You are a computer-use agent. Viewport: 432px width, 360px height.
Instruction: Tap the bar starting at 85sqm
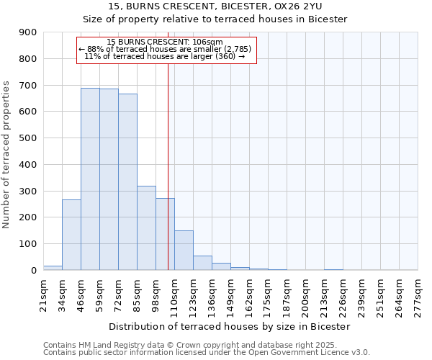(x=146, y=228)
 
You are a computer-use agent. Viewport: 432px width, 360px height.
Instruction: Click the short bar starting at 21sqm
(x=53, y=268)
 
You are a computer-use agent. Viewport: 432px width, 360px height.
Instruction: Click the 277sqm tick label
(x=418, y=294)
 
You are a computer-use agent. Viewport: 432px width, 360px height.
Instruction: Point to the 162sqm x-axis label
(x=250, y=294)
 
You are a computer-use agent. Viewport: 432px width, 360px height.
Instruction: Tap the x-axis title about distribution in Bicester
(x=230, y=326)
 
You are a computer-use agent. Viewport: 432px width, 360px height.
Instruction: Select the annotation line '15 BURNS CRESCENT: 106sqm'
(x=165, y=42)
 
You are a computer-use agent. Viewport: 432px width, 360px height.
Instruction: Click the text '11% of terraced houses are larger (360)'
(x=165, y=56)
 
